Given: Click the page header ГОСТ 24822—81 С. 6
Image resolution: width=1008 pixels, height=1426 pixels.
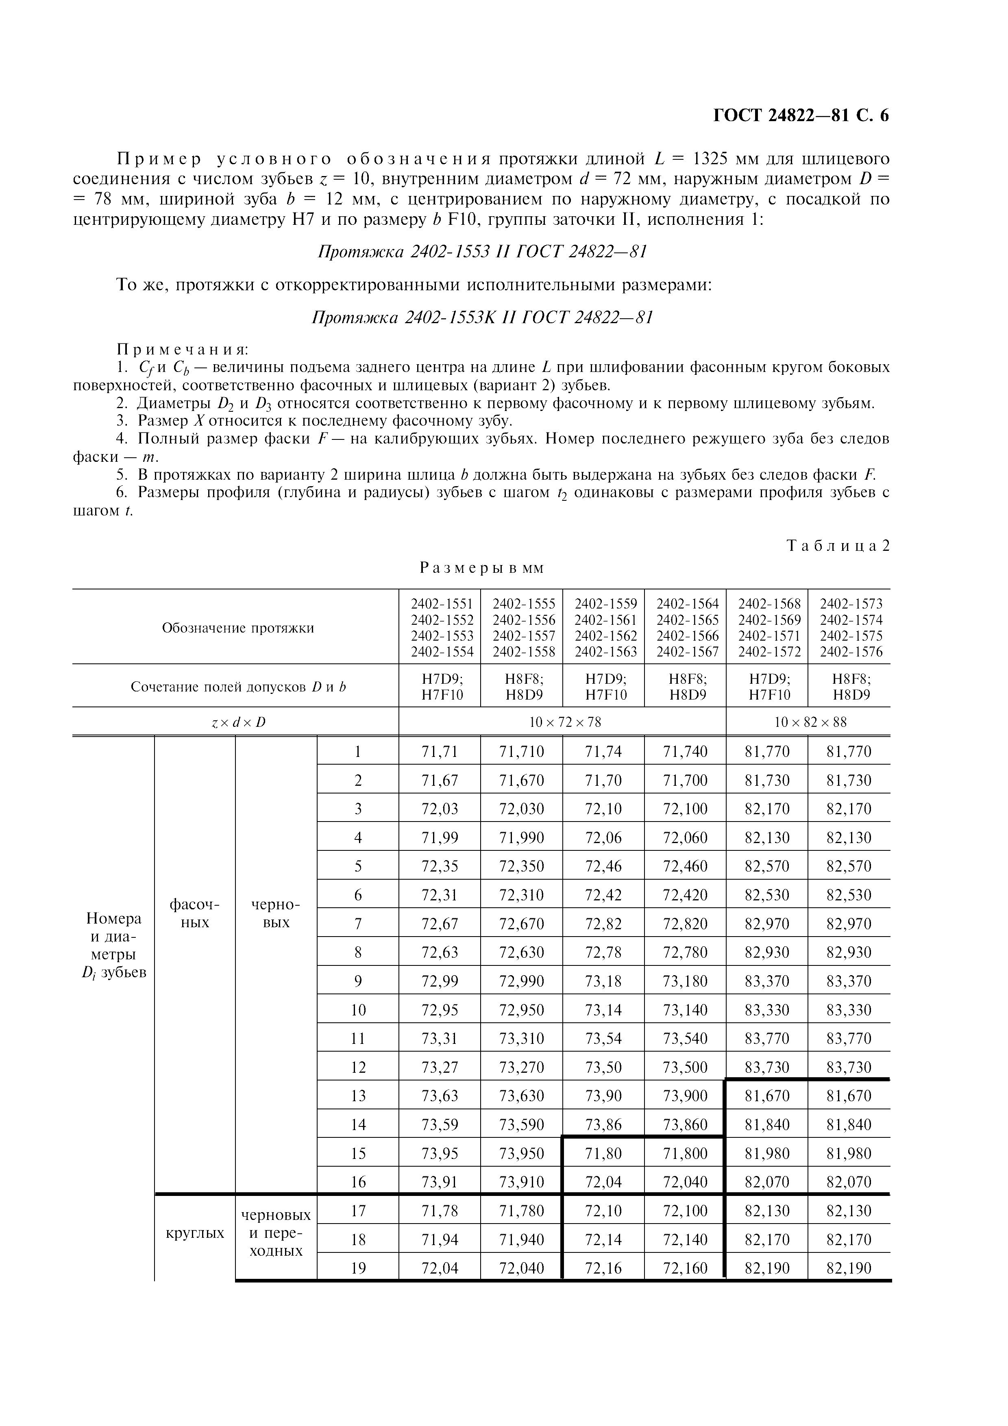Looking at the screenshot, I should tap(801, 115).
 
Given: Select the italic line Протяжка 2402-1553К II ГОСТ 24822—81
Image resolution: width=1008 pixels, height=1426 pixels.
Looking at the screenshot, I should tap(482, 317).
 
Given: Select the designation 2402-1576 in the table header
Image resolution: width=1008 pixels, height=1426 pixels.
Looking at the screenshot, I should tap(851, 652).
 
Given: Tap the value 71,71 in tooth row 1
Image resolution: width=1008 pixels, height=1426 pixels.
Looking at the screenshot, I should tap(439, 752).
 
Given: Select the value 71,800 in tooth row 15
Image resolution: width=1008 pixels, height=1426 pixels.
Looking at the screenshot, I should tap(685, 1153).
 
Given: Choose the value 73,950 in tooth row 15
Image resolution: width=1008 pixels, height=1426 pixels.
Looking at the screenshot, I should tap(521, 1153).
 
